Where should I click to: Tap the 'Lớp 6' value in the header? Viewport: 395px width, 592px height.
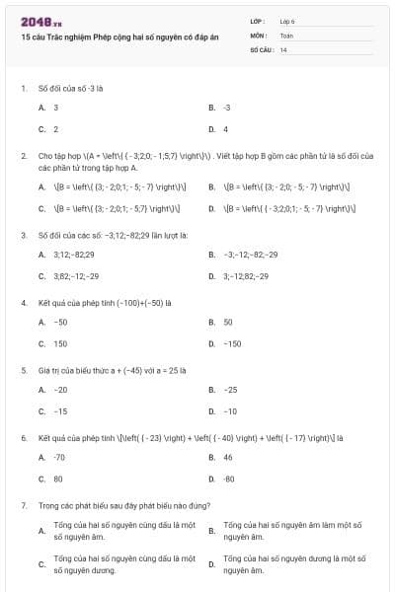287,21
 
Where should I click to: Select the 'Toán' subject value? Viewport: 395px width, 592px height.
286,35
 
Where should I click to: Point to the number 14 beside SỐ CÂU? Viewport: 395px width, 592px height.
283,48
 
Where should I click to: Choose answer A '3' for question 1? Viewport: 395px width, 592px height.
55,107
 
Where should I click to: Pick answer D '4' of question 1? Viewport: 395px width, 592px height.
225,129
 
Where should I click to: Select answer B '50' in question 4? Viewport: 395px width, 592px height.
227,322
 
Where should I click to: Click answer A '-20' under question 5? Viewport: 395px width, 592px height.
60,389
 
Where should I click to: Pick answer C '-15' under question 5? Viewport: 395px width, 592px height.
60,411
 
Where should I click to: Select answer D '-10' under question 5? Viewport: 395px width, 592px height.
230,411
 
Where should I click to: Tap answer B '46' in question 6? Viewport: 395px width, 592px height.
227,457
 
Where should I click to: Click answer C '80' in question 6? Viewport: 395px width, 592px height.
57,479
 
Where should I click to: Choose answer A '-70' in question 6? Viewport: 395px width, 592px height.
59,457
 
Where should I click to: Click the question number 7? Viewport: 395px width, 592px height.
23,505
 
